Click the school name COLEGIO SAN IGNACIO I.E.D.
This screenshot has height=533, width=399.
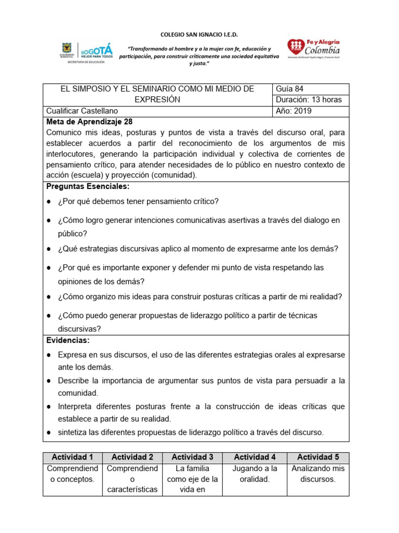[x=199, y=34]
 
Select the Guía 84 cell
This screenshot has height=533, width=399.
[x=311, y=89]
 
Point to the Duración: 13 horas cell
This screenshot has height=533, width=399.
[x=311, y=100]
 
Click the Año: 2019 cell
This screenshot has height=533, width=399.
[x=311, y=111]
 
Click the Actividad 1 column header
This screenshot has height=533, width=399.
[x=73, y=457]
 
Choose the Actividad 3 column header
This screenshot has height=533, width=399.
[x=193, y=457]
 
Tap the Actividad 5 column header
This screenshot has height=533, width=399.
[x=318, y=457]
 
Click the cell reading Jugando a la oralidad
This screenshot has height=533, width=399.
[x=255, y=474]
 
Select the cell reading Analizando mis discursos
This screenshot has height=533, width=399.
[x=318, y=474]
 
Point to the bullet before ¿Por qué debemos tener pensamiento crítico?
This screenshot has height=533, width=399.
[x=48, y=201]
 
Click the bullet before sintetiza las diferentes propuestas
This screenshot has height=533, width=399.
[x=48, y=433]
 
